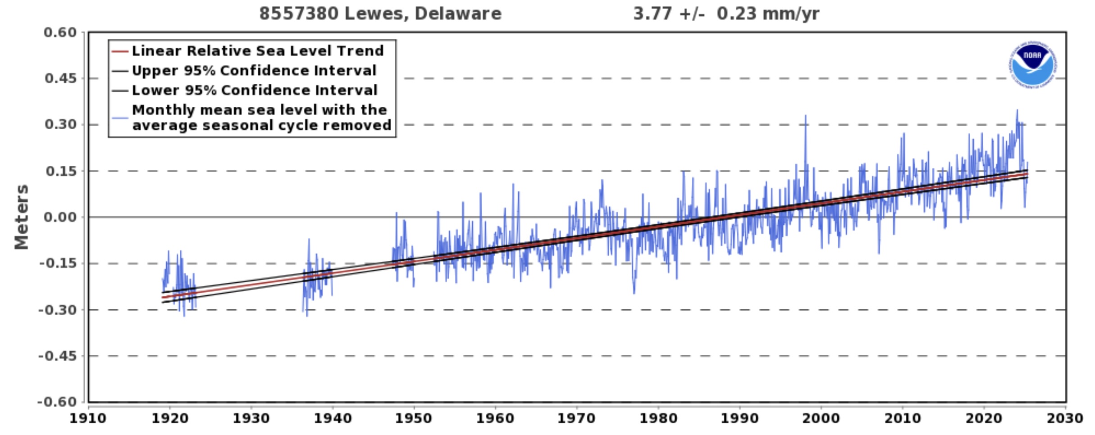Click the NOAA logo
pos(1032,65)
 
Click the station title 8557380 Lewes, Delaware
pos(380,14)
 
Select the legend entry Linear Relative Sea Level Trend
pos(257,51)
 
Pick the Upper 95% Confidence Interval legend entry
pos(254,71)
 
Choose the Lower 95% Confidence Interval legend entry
pos(254,91)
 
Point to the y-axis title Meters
pos(21,217)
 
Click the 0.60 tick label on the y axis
pos(60,32)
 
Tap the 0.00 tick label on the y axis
pos(60,217)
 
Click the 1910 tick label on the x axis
pos(88,418)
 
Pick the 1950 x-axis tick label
pos(414,418)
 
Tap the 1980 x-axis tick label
pos(658,418)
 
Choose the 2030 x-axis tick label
pos(1065,418)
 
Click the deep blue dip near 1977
pos(634,292)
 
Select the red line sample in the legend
pos(120,51)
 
